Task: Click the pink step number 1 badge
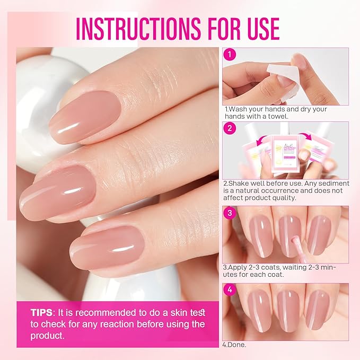(229, 54)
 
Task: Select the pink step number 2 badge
(229, 128)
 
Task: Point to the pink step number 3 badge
(229, 213)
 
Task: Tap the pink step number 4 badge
(229, 291)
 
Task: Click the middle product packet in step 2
(286, 154)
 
